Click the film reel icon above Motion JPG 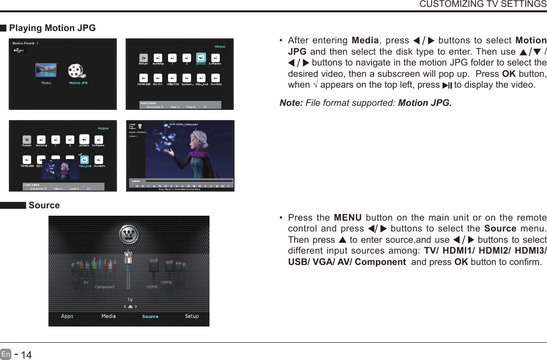click(77, 71)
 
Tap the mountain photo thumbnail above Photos click(46, 70)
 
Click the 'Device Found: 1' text click(26, 43)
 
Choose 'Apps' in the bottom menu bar click(67, 316)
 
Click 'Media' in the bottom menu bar click(108, 316)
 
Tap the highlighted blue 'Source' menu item click(150, 317)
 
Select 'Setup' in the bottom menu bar click(192, 316)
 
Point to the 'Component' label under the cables click(104, 287)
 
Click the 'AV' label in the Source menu click(86, 283)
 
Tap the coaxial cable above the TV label click(129, 271)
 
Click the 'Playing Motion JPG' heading click(52, 28)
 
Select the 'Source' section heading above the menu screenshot click(44, 205)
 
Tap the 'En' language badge click(6, 354)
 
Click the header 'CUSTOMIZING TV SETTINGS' click(482, 4)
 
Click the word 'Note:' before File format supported click(291, 103)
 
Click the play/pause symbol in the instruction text click(447, 85)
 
